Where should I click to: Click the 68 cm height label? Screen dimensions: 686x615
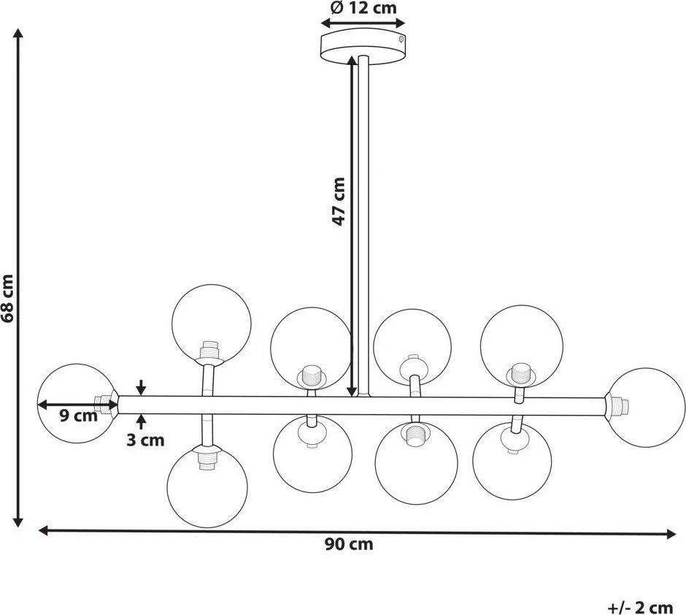point(8,299)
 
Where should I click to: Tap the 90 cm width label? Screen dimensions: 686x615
point(349,544)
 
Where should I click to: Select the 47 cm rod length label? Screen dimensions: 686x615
point(339,202)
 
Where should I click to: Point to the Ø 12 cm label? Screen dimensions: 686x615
point(363,8)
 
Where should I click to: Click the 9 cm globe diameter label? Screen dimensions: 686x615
point(79,416)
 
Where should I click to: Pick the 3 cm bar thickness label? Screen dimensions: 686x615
point(146,440)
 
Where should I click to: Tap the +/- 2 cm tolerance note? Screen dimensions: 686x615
point(640,608)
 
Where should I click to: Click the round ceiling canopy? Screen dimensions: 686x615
point(363,47)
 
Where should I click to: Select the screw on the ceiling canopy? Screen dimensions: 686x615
point(401,39)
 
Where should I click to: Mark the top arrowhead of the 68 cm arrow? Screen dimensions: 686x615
point(18,33)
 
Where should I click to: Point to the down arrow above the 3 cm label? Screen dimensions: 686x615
point(141,387)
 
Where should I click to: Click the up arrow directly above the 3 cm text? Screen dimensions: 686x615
point(141,421)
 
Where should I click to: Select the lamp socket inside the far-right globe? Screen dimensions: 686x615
point(617,407)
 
